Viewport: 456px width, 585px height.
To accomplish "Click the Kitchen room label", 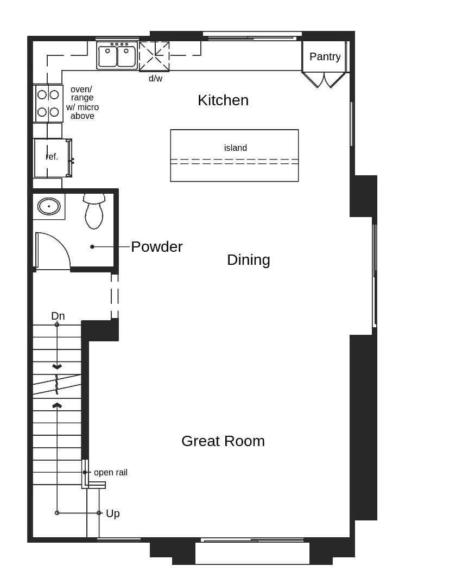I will click(223, 100).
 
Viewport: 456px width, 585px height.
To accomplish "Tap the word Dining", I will click(248, 260).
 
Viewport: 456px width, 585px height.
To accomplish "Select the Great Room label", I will click(223, 441).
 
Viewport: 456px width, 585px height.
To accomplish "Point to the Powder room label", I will click(156, 247).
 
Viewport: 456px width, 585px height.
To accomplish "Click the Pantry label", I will click(325, 56).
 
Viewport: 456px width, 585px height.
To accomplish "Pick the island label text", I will click(235, 148).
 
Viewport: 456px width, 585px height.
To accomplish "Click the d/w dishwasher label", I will click(155, 79).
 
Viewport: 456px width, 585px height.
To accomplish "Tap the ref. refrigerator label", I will click(52, 157).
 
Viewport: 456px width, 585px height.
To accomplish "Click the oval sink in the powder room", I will click(49, 206).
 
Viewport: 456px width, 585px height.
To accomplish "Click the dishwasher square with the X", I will click(154, 56).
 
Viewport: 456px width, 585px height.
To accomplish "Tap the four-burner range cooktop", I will click(48, 103).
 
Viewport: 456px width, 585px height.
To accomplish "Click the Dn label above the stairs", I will click(58, 316).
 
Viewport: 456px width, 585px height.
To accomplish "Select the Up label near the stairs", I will click(112, 514).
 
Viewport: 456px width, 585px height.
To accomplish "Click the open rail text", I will click(111, 473).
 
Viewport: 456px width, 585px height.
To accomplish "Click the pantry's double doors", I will click(324, 80).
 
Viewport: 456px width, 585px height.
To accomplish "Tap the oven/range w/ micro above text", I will click(83, 103).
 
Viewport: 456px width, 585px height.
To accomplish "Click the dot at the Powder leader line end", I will click(92, 247).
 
